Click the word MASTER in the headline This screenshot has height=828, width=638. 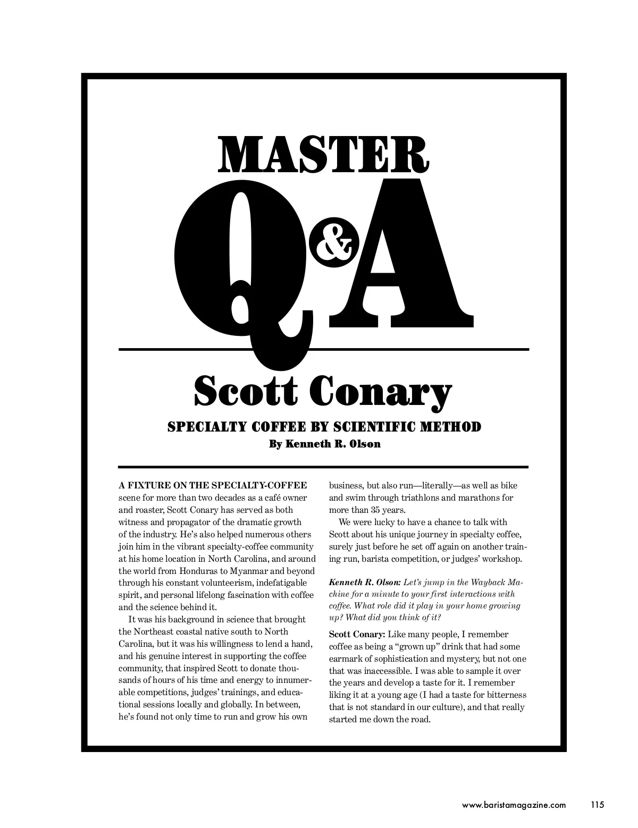point(323,154)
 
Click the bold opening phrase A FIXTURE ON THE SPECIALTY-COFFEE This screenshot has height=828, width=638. point(213,485)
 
